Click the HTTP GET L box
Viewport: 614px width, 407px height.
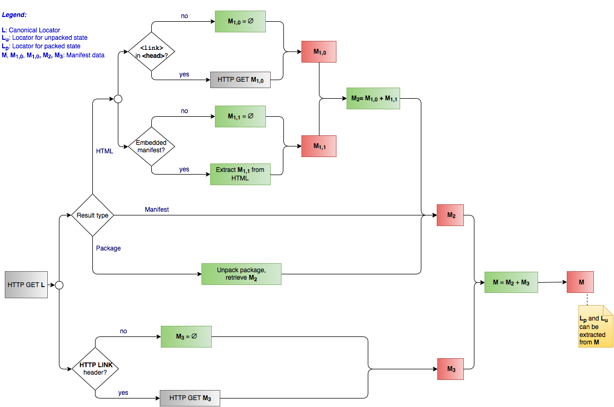26,285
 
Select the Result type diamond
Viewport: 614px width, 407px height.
93,215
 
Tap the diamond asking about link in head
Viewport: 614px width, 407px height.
152,51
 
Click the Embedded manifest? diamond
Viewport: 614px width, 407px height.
152,146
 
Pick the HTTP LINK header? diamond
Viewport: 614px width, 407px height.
95,368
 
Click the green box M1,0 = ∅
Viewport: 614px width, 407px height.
240,22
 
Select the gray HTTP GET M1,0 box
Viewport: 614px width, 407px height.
240,80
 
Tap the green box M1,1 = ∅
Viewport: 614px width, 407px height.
240,117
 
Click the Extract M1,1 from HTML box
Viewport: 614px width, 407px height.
240,174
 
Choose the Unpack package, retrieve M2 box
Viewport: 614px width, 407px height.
241,274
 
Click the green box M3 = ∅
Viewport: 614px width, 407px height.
186,336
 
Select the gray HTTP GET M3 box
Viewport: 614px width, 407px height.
189,398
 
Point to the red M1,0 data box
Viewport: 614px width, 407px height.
318,52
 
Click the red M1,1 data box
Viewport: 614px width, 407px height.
318,146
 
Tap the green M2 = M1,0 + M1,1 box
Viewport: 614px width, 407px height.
373,98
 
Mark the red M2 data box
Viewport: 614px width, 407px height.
450,215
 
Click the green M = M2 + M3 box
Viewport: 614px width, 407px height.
511,282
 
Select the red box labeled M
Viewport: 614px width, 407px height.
580,282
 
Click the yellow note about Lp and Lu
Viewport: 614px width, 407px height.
595,326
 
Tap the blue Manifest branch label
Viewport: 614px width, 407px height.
157,210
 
